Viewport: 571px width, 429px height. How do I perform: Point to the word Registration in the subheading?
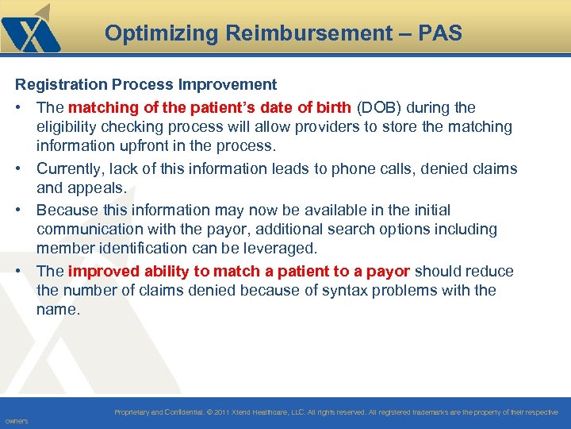pyautogui.click(x=56, y=84)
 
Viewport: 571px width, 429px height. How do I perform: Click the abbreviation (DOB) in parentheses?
pyautogui.click(x=379, y=106)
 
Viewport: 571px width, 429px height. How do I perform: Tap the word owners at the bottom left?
pyautogui.click(x=16, y=421)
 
